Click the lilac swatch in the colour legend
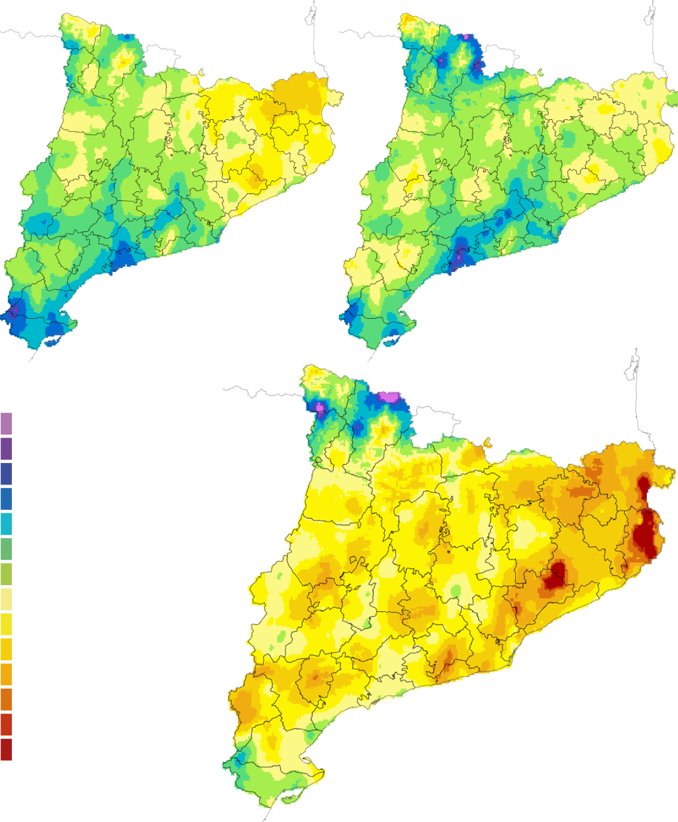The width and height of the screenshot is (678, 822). point(6,423)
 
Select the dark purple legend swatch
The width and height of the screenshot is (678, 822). point(6,448)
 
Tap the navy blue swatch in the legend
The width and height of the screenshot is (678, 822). point(6,474)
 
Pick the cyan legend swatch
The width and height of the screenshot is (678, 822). point(6,524)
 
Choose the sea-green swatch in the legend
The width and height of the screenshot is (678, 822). point(6,549)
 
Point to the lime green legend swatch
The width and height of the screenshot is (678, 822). point(6,574)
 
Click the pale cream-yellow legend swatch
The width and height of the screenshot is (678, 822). point(6,599)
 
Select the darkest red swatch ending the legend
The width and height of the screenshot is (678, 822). point(6,750)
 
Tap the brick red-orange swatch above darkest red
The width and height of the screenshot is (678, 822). point(6,724)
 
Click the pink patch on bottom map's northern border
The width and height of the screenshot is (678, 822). point(388,397)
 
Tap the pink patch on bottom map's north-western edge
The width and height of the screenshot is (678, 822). point(320,407)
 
